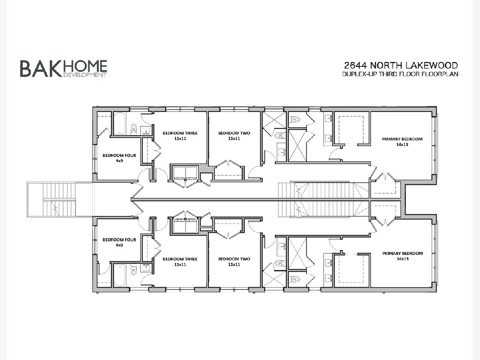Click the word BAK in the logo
[41, 69]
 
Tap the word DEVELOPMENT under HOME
[85, 75]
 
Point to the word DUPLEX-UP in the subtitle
[360, 74]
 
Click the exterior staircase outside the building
[60, 200]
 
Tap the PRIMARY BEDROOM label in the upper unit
[402, 139]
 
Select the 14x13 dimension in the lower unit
[402, 259]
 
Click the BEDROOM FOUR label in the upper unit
[119, 156]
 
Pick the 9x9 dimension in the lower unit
[119, 245]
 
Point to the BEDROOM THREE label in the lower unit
[180, 259]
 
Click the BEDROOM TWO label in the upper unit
[234, 133]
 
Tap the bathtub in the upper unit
[120, 124]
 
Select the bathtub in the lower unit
[120, 275]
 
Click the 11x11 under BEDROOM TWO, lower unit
[234, 264]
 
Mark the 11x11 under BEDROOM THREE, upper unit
[180, 138]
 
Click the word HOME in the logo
[85, 66]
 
